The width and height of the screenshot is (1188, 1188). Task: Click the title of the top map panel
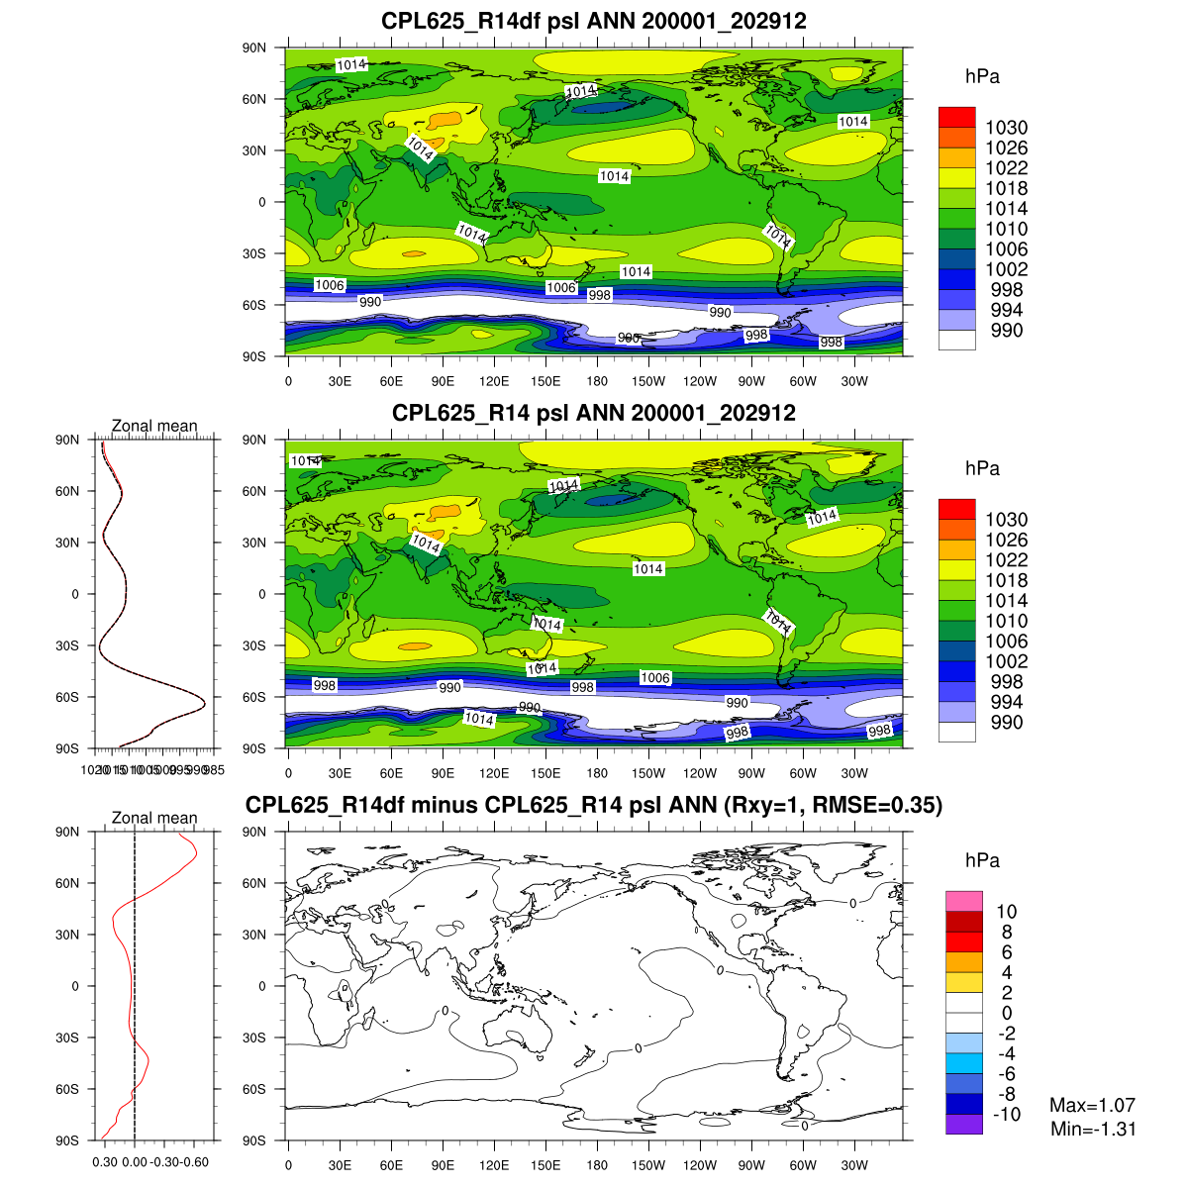pyautogui.click(x=594, y=21)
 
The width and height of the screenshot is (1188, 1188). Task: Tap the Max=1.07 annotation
pyautogui.click(x=1092, y=1105)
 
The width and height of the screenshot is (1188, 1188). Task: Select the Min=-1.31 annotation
pyautogui.click(x=1093, y=1129)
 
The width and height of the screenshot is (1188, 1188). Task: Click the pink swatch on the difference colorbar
pyautogui.click(x=963, y=901)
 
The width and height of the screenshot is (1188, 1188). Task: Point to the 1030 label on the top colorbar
pyautogui.click(x=1006, y=128)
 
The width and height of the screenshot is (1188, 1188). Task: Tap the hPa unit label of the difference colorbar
pyautogui.click(x=982, y=861)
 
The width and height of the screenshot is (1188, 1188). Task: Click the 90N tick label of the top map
pyautogui.click(x=254, y=48)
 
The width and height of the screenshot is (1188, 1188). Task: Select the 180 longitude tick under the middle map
pyautogui.click(x=597, y=773)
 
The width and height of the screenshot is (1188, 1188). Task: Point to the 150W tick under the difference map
pyautogui.click(x=648, y=1165)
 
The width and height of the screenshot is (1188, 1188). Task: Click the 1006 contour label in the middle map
pyautogui.click(x=655, y=678)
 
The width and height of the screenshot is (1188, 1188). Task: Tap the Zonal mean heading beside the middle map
pyautogui.click(x=154, y=426)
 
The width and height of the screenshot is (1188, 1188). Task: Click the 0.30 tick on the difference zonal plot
pyautogui.click(x=105, y=1162)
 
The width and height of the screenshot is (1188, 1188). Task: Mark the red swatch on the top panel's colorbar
pyautogui.click(x=956, y=117)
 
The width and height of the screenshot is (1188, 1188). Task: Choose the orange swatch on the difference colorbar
pyautogui.click(x=963, y=961)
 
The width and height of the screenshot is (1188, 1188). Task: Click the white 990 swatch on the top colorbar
pyautogui.click(x=956, y=340)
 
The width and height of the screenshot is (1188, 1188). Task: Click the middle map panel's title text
pyautogui.click(x=594, y=413)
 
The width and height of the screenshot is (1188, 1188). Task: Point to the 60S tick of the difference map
pyautogui.click(x=254, y=1089)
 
